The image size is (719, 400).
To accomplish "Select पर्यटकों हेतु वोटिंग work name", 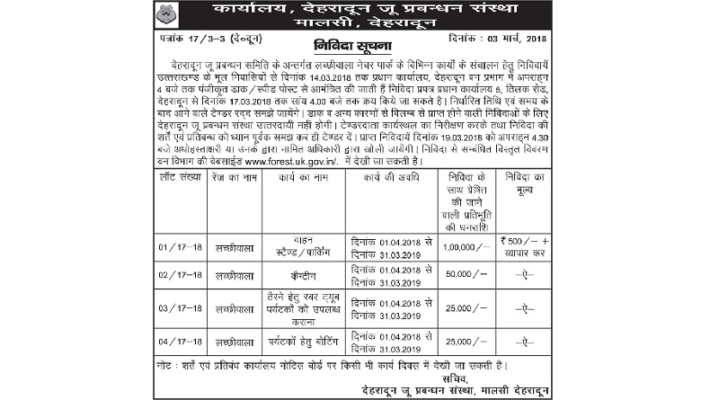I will pyautogui.click(x=296, y=342).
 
